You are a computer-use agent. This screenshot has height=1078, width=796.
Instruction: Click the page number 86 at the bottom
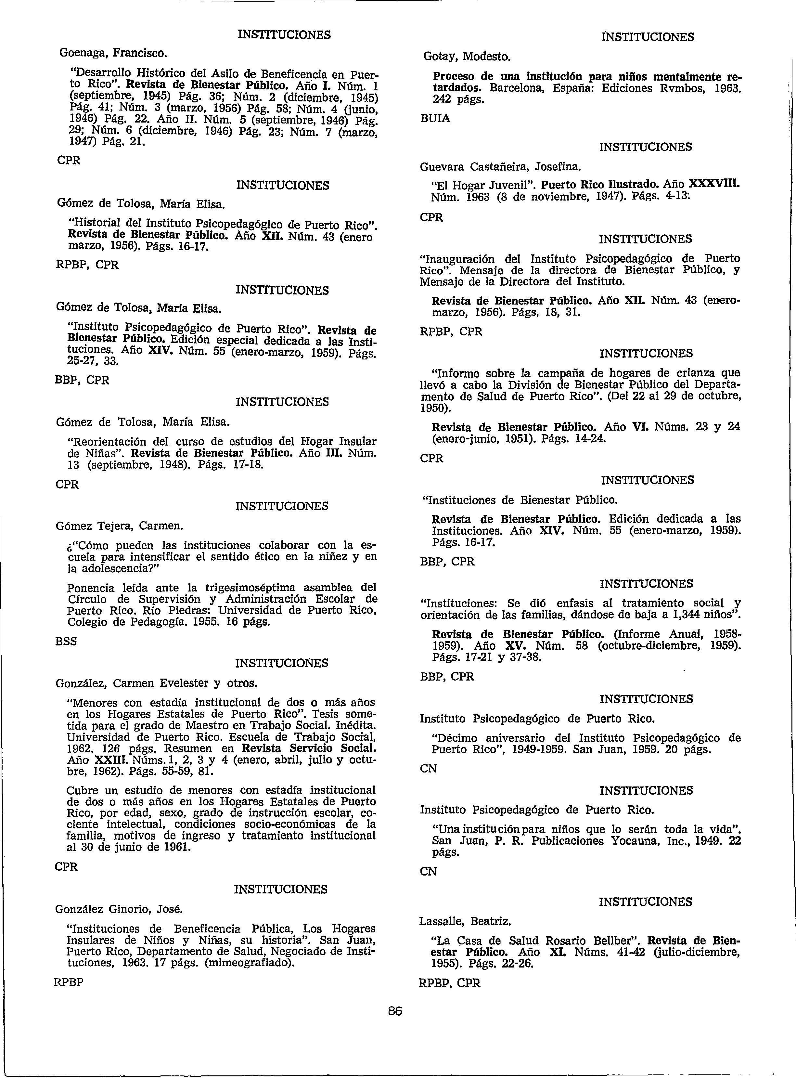395,1011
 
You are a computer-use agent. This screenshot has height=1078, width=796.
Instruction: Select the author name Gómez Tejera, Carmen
119,525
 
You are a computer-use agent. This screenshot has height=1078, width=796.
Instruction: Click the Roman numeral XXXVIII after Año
714,185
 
